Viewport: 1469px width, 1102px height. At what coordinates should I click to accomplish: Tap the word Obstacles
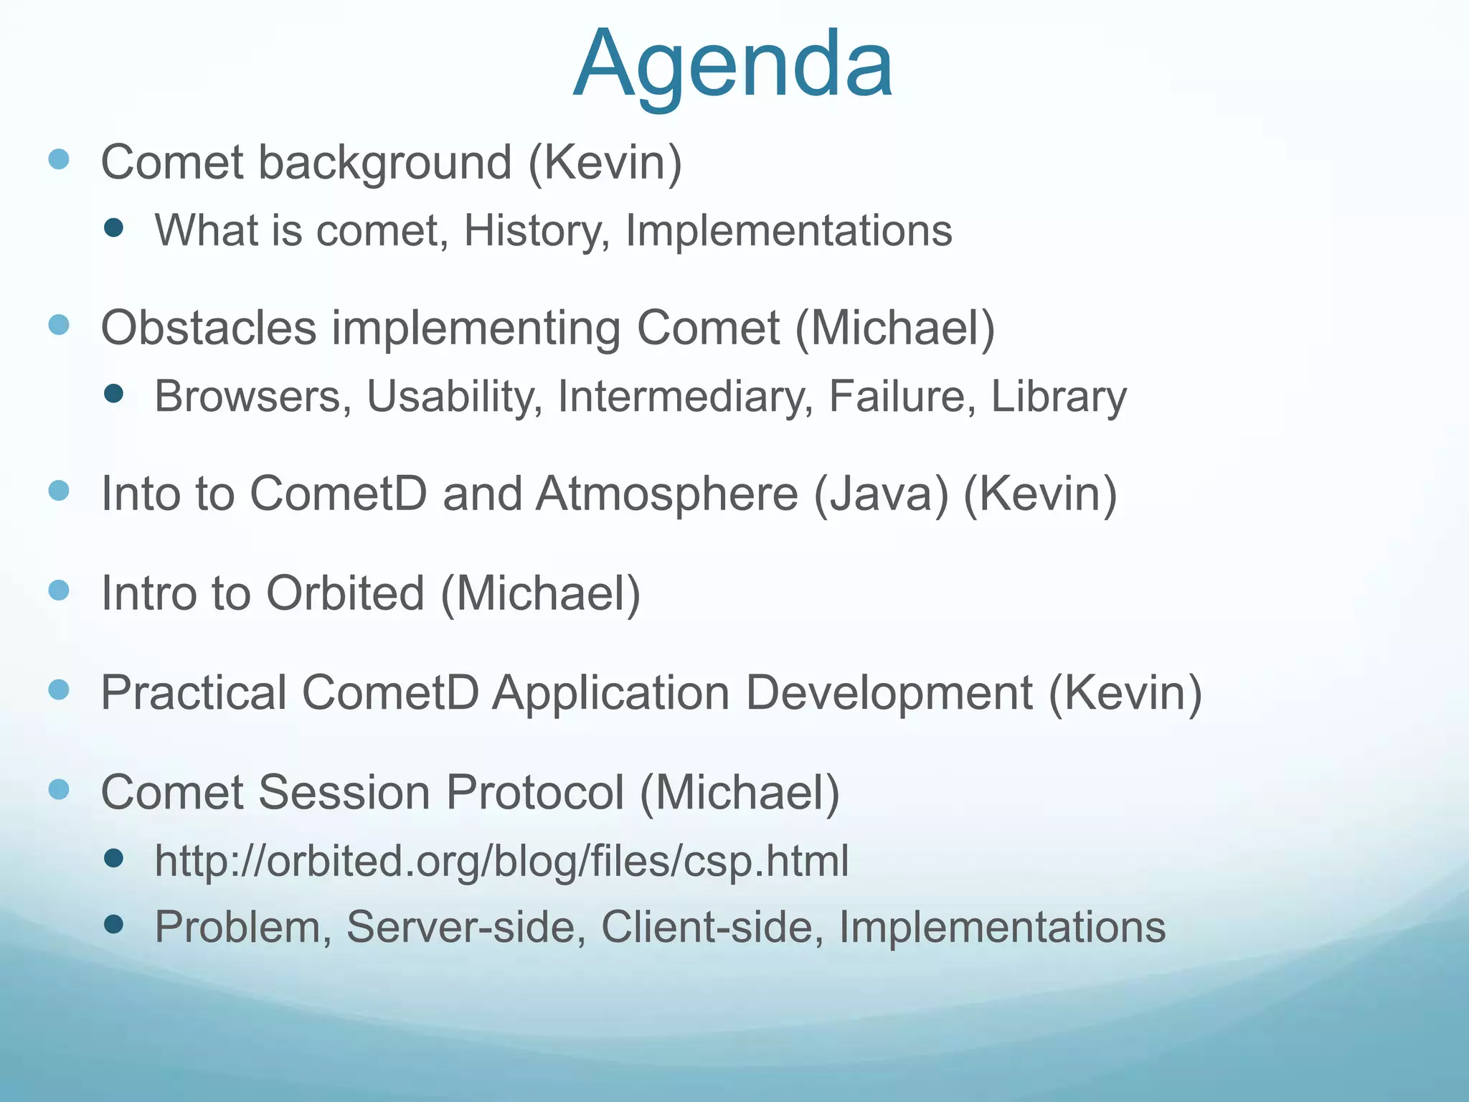[x=209, y=328]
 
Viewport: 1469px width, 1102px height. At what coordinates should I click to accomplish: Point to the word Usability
[x=455, y=397]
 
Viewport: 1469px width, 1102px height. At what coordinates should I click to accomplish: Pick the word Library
[x=1059, y=397]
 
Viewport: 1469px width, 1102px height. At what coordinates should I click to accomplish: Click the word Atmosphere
[x=667, y=494]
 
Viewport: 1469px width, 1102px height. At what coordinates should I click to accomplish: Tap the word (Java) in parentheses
[x=881, y=494]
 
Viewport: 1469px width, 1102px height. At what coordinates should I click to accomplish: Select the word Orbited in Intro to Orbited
[x=345, y=593]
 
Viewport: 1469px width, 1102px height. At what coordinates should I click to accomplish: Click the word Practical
[x=194, y=693]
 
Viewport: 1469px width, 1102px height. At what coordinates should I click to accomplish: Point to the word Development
[x=889, y=693]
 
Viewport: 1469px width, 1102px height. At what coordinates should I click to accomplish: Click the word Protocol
[x=534, y=793]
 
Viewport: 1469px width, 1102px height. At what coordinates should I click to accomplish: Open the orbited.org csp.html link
[x=501, y=861]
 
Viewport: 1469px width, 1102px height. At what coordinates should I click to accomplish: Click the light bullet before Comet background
[x=59, y=159]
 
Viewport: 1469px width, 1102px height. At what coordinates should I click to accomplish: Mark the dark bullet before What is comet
[x=113, y=228]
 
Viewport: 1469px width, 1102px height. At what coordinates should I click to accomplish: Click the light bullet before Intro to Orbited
[x=59, y=590]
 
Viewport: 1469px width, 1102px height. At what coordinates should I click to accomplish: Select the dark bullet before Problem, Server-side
[x=113, y=924]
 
